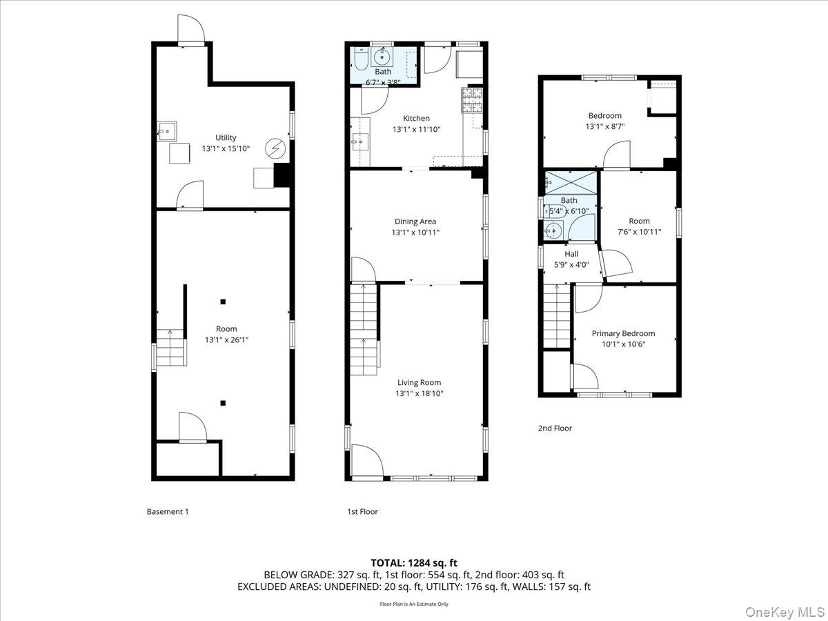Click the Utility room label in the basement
(x=226, y=137)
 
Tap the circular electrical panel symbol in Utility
(x=276, y=148)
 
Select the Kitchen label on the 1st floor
(x=416, y=118)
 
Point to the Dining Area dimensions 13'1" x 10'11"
(x=415, y=233)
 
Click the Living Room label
(x=419, y=382)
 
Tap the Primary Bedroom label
(x=623, y=333)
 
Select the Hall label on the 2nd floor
(x=571, y=254)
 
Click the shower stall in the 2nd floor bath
(x=570, y=182)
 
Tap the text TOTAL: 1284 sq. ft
(x=414, y=563)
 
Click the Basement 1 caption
(x=168, y=511)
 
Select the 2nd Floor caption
(x=555, y=428)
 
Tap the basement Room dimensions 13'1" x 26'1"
(x=226, y=340)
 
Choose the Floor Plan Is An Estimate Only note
(x=414, y=604)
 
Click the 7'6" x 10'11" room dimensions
(x=639, y=232)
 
